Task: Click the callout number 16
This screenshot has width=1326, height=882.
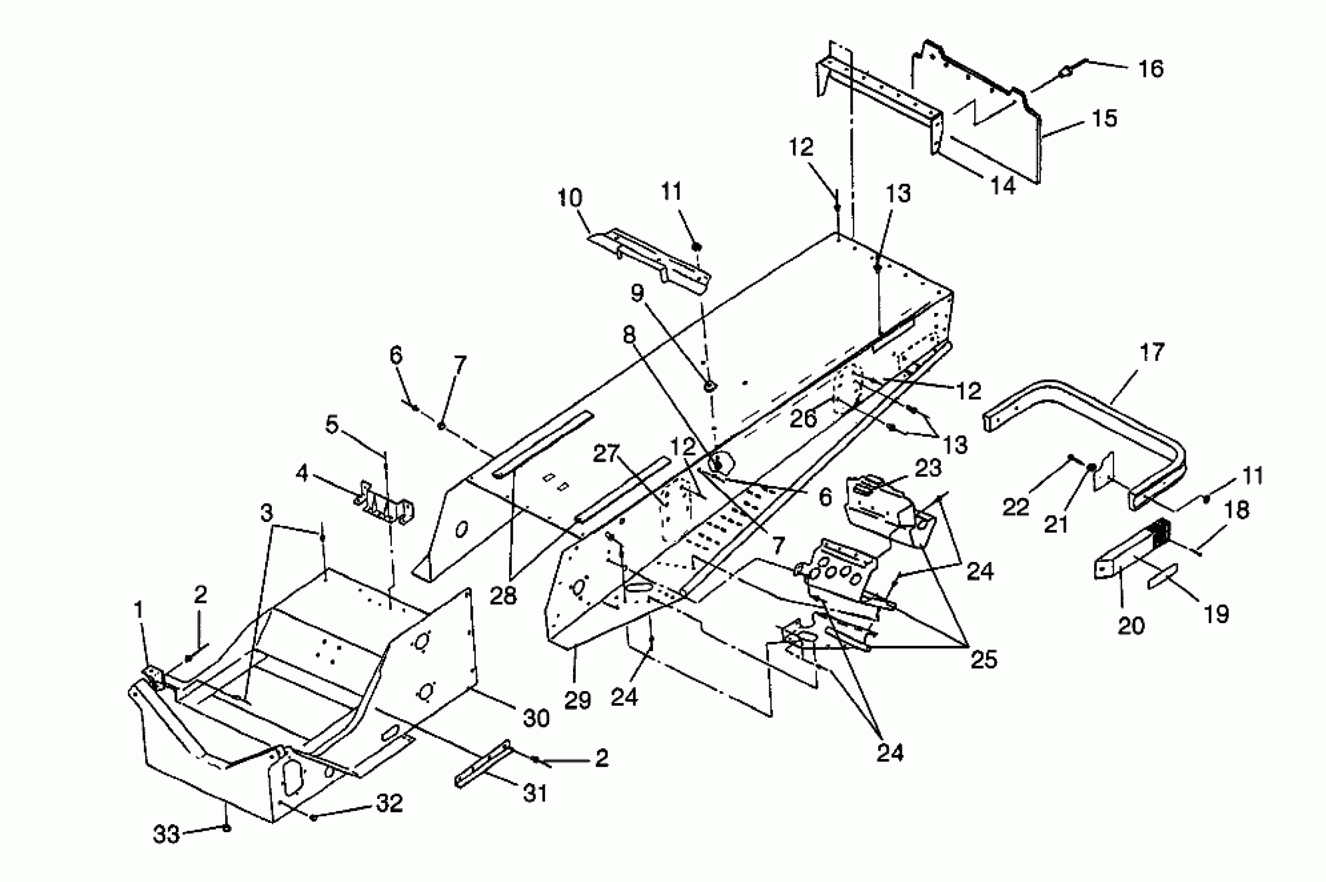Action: [1151, 69]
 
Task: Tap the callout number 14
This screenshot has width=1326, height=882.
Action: [1003, 185]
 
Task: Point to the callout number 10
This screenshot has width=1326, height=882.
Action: [570, 198]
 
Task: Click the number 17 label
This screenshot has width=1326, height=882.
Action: [1152, 353]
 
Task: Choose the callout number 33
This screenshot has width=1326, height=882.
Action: [166, 834]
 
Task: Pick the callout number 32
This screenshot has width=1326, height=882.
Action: [389, 803]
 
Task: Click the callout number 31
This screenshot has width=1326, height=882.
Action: [535, 793]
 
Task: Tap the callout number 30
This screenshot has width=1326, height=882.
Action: [536, 719]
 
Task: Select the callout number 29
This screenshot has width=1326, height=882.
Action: [577, 700]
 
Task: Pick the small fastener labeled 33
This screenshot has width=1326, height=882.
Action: [227, 828]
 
